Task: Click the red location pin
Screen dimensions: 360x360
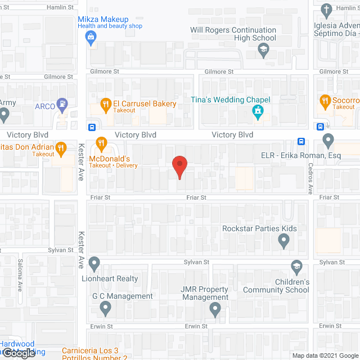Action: pos(179,167)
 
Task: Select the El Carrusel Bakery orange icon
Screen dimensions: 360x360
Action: pos(105,103)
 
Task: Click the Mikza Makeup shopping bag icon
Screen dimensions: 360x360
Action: pos(90,37)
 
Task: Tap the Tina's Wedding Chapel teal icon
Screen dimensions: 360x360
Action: pos(258,111)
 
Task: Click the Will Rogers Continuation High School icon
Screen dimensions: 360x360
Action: pos(263,50)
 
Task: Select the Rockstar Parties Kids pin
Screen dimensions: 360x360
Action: pos(284,241)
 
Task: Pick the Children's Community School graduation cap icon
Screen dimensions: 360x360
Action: pos(296,266)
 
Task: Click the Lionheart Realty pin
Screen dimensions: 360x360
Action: pos(94,263)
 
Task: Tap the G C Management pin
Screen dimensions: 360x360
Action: pos(105,308)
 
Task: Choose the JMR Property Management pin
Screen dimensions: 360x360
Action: pos(215,309)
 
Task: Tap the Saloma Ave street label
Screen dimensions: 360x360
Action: pos(19,278)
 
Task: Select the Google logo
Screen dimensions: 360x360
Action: pos(19,353)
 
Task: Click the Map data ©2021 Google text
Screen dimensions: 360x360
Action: pos(324,355)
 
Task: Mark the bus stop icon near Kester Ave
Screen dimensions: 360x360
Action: pos(92,127)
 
